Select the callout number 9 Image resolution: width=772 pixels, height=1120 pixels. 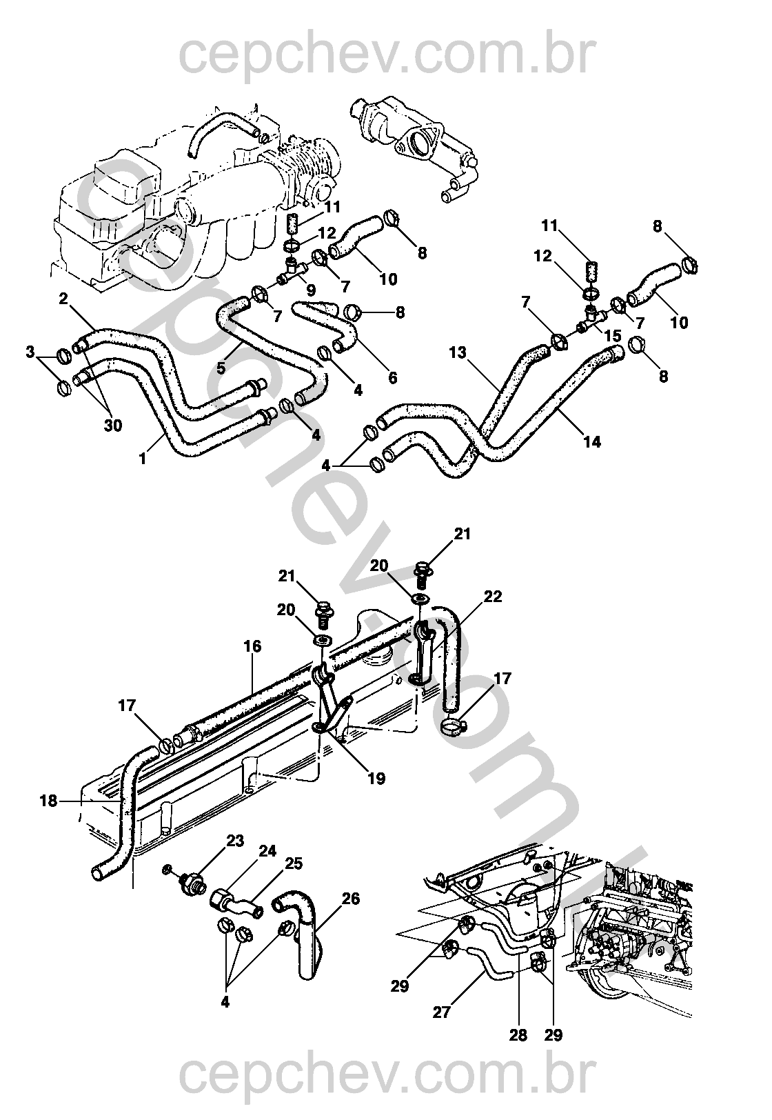[x=310, y=289]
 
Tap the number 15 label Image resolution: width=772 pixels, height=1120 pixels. [x=613, y=335]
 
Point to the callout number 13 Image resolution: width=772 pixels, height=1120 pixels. [x=458, y=353]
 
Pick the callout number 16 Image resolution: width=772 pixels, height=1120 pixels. [x=253, y=646]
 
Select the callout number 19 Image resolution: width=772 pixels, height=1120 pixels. [x=377, y=778]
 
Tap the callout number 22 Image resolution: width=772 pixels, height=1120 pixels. [x=493, y=597]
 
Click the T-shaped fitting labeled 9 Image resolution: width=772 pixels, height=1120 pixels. [x=292, y=272]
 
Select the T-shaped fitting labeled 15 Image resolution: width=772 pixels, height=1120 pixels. [x=591, y=320]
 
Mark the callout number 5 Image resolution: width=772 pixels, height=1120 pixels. [x=221, y=368]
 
